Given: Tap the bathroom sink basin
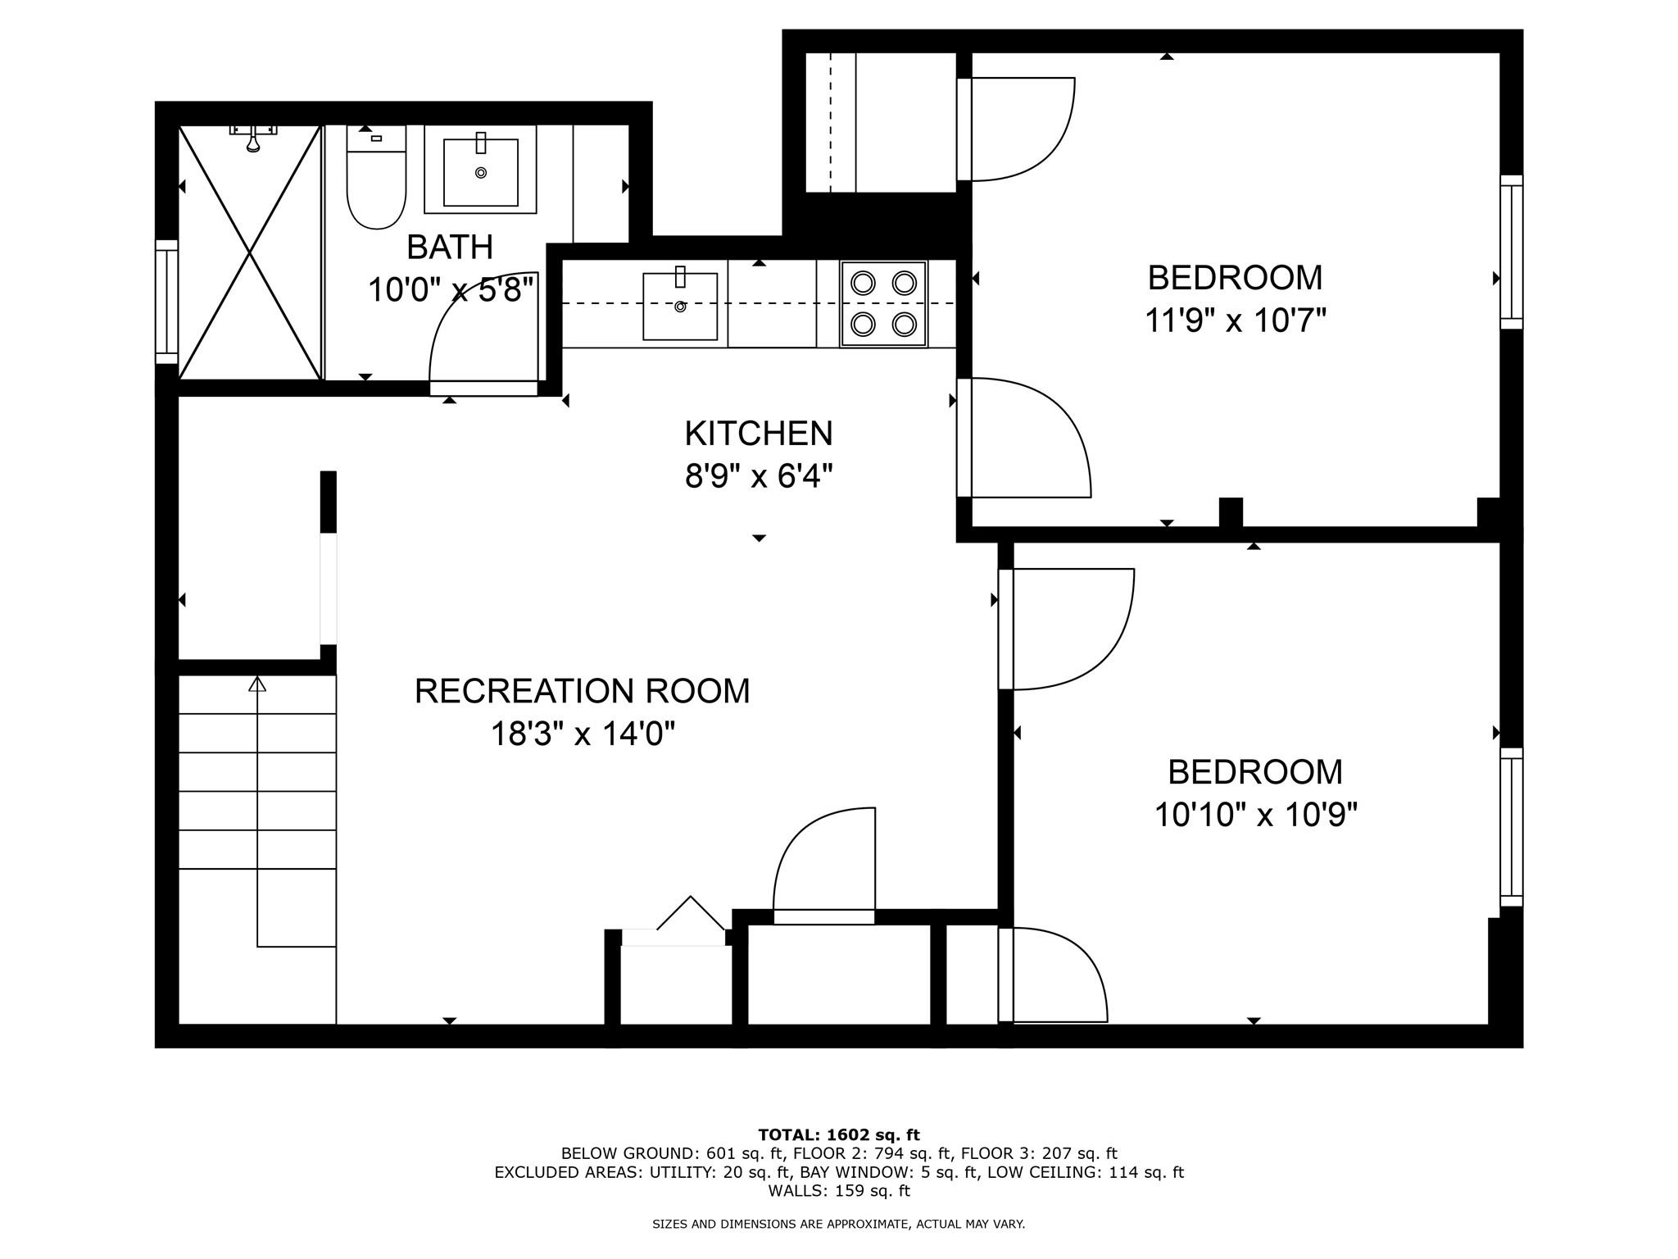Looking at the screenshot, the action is [x=481, y=172].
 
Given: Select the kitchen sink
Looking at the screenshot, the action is [x=680, y=306].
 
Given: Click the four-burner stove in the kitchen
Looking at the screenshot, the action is [x=883, y=304].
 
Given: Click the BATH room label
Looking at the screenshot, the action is [x=450, y=247].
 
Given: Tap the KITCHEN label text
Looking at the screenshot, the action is [x=759, y=433].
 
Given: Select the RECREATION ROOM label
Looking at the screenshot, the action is [x=582, y=691].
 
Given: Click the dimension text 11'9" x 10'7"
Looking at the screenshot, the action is [x=1235, y=320].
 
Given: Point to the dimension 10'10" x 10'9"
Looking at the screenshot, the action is [x=1256, y=815].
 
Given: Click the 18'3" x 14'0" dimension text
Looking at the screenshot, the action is [x=583, y=734].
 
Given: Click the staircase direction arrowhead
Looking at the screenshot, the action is [x=257, y=684].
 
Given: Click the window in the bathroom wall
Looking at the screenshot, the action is [x=167, y=302].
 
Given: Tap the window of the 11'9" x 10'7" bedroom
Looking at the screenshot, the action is [x=1512, y=252].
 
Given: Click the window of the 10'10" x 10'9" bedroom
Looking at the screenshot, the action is [x=1512, y=827].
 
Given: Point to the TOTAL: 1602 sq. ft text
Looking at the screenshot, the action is [x=839, y=1135].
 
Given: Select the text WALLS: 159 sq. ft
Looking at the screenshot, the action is [x=839, y=1190].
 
